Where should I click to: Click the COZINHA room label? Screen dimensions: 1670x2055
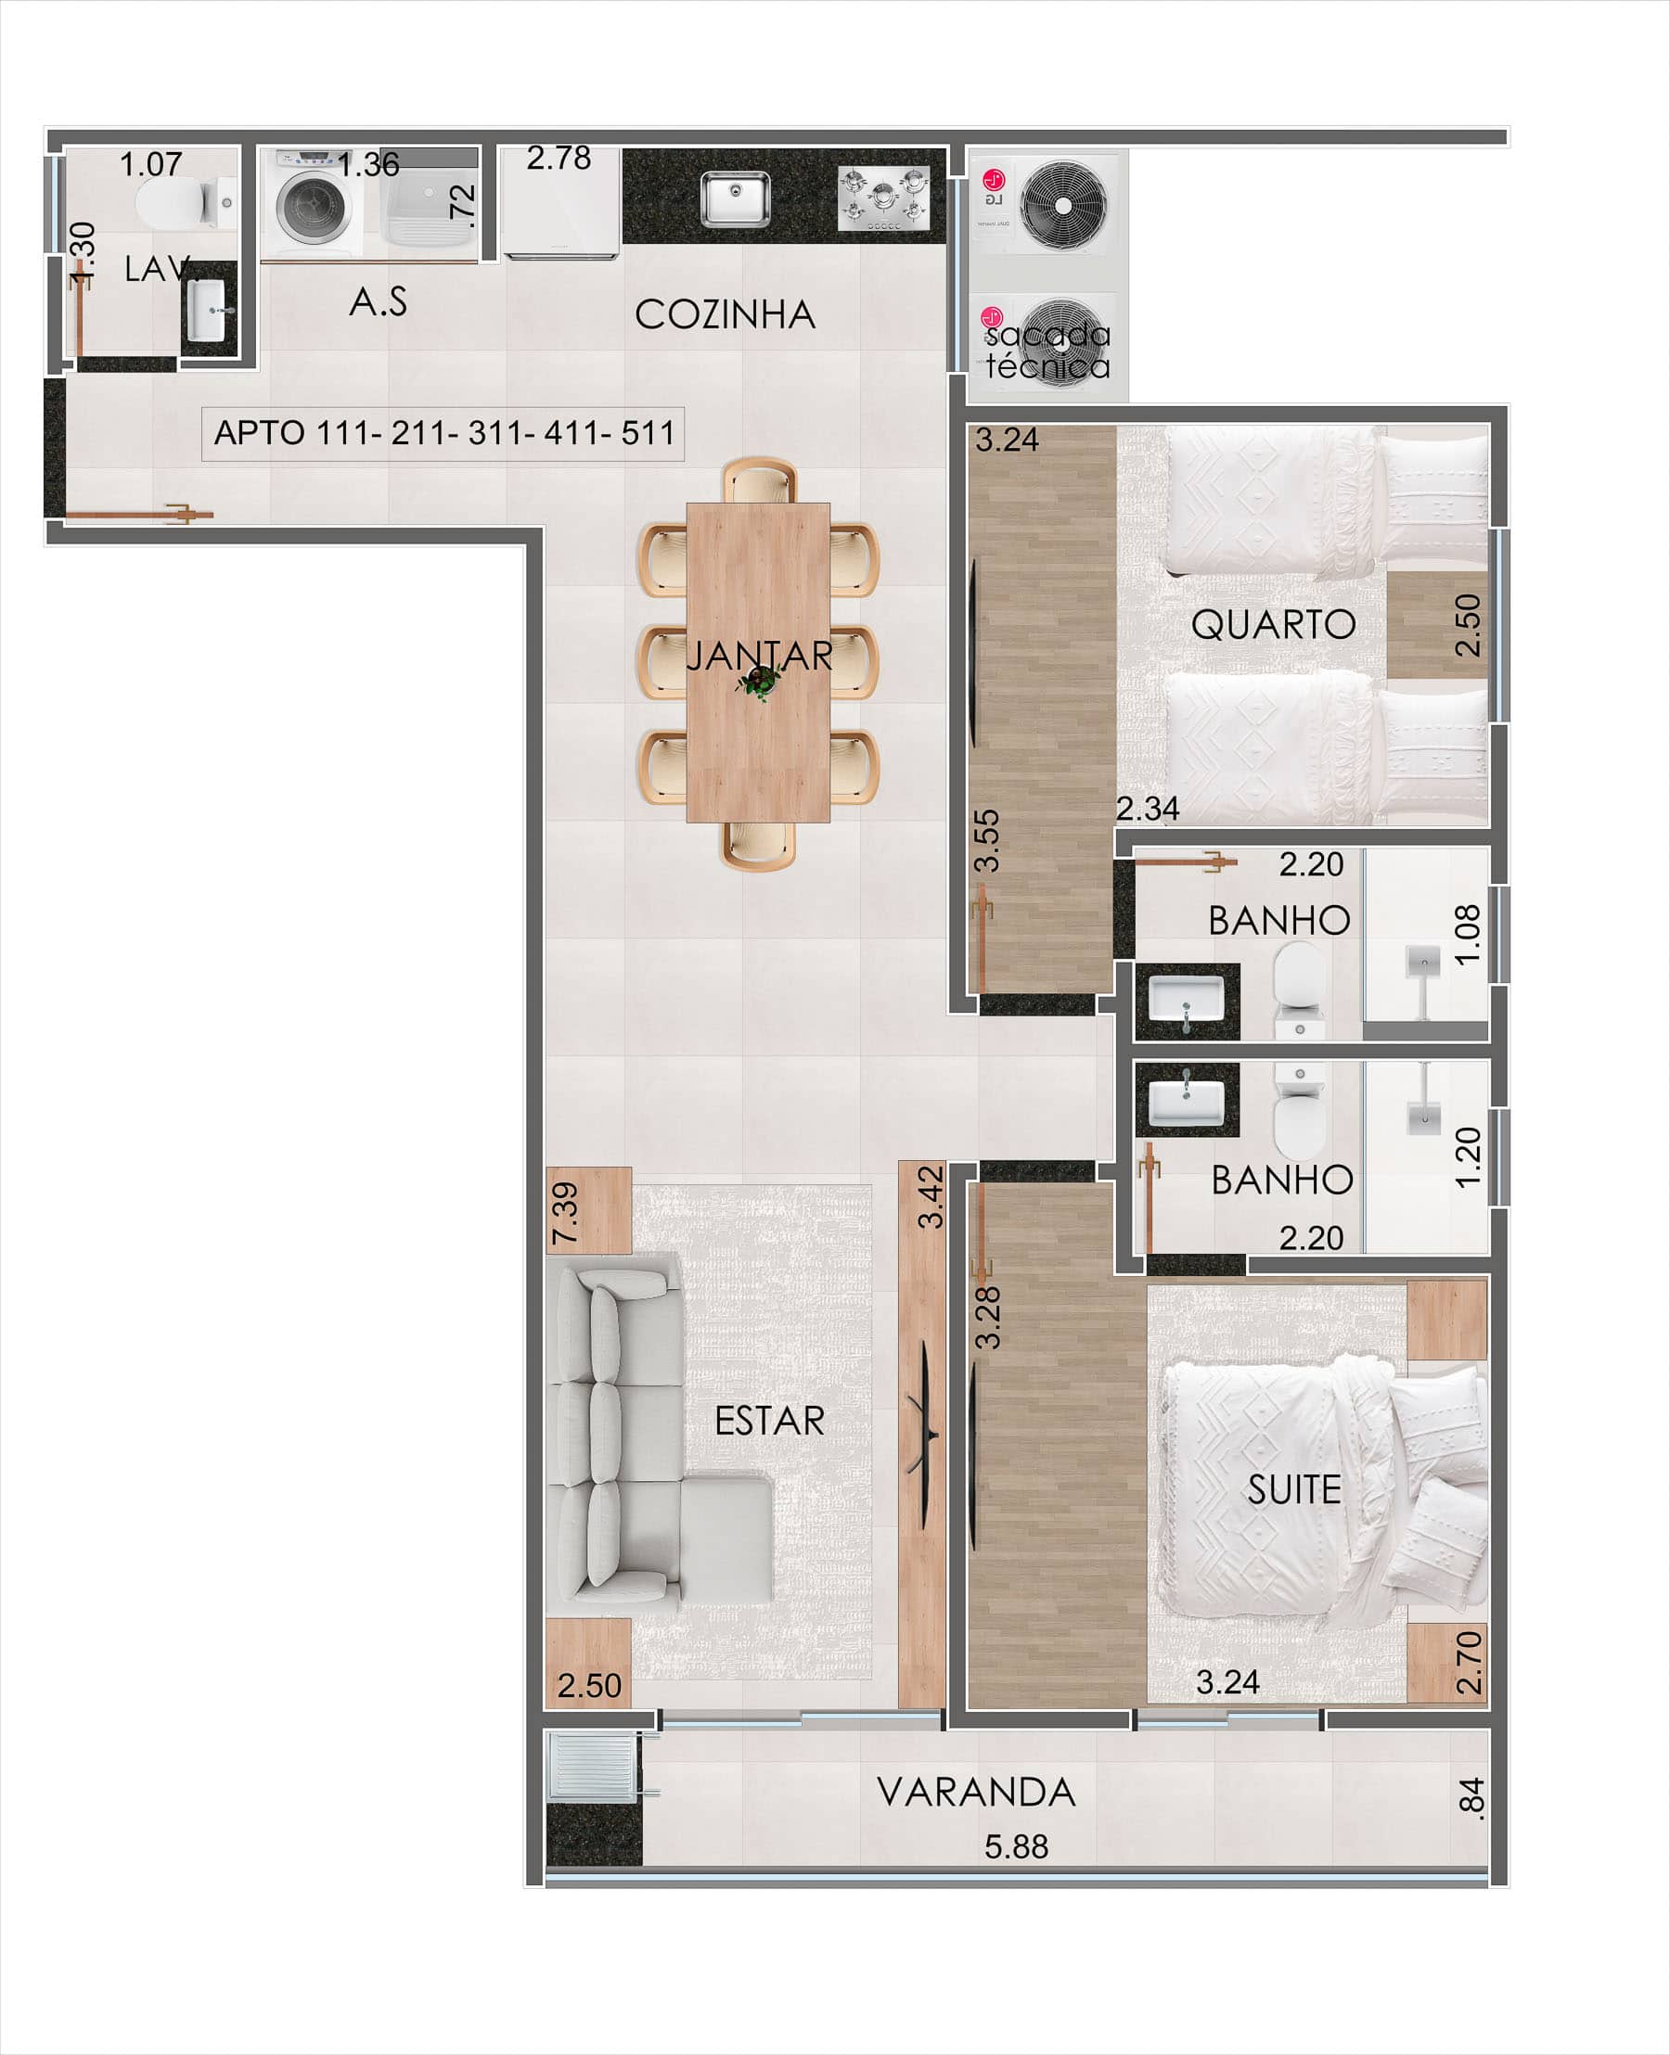click(725, 314)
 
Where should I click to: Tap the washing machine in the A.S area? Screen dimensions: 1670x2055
click(312, 203)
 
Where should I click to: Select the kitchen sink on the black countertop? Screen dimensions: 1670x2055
click(734, 199)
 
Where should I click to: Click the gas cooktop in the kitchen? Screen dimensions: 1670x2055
click(884, 198)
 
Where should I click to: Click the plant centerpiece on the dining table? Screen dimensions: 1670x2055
click(759, 682)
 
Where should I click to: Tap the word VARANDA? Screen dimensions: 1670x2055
click(976, 1793)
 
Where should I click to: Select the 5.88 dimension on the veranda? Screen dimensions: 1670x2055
click(1016, 1846)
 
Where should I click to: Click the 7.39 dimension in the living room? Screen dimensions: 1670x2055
click(566, 1213)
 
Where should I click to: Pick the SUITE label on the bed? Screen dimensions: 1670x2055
click(1294, 1489)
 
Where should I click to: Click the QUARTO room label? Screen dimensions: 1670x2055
click(1274, 625)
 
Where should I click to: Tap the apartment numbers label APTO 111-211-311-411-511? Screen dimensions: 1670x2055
click(443, 433)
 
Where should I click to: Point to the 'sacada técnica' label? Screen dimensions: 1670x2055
click(1047, 350)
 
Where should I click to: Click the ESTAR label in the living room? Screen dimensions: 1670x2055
click(769, 1421)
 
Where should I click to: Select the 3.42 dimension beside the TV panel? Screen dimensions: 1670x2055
click(931, 1197)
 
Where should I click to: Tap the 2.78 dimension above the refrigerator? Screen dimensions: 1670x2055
click(558, 158)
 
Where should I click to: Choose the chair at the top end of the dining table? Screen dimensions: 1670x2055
click(760, 479)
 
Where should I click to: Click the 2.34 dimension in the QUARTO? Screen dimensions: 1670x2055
click(1148, 809)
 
